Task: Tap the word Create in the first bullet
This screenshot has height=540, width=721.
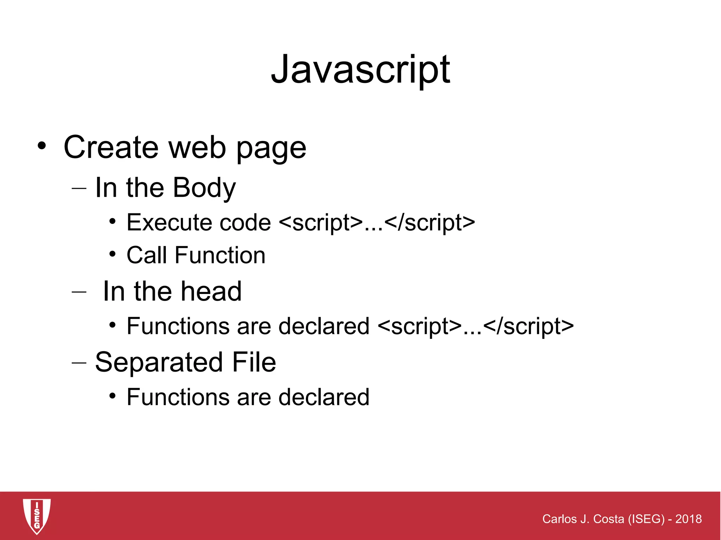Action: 111,148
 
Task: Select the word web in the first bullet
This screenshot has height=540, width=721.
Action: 197,148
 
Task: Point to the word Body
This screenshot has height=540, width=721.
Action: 204,188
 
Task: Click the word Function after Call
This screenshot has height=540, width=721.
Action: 220,255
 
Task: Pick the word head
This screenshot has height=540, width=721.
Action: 211,291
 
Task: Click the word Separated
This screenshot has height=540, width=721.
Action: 159,362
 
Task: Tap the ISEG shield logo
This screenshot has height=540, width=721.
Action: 37,516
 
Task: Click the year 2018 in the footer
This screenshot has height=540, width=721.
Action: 688,519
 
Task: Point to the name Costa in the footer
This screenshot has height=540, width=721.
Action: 609,519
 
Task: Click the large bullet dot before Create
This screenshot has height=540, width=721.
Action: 42,146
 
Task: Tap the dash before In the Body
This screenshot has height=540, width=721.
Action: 79,188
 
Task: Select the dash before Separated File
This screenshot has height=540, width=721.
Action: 79,362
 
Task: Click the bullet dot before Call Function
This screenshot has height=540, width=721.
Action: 112,254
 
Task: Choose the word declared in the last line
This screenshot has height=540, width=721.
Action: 324,397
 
